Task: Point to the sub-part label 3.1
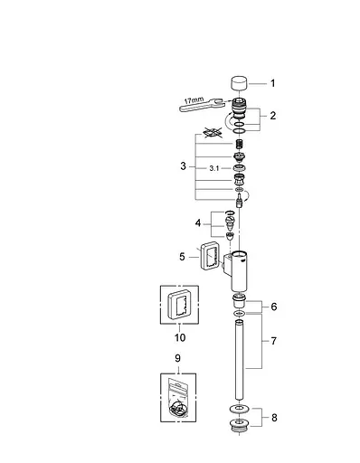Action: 214,168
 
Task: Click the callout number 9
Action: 178,336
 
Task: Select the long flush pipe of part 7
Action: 241,371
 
